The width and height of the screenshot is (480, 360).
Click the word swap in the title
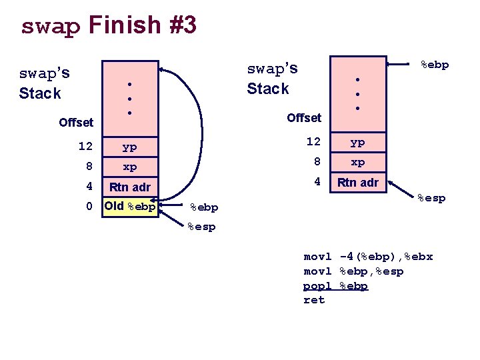click(x=50, y=26)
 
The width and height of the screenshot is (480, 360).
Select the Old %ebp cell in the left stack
click(x=129, y=206)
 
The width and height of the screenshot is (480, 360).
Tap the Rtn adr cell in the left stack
click(x=129, y=187)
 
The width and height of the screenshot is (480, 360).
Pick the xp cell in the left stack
click(x=129, y=167)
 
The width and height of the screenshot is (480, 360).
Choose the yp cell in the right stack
click(x=358, y=142)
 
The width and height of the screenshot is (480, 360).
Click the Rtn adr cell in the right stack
click(x=358, y=182)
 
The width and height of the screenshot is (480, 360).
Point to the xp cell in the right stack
click(x=358, y=162)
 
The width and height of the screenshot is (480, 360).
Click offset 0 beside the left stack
click(x=89, y=207)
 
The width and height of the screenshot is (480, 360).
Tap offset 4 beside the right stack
click(x=317, y=181)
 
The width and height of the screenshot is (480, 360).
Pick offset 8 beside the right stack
click(x=317, y=161)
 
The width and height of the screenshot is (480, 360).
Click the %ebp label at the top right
click(x=433, y=65)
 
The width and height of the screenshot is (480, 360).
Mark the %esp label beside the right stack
click(x=431, y=198)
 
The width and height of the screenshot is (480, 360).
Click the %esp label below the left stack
click(x=201, y=227)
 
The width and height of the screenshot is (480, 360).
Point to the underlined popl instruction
click(x=317, y=285)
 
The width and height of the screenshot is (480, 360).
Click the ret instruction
click(x=314, y=300)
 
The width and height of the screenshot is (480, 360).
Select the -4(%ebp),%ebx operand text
click(x=386, y=257)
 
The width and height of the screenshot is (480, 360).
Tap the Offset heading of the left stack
click(x=76, y=122)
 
